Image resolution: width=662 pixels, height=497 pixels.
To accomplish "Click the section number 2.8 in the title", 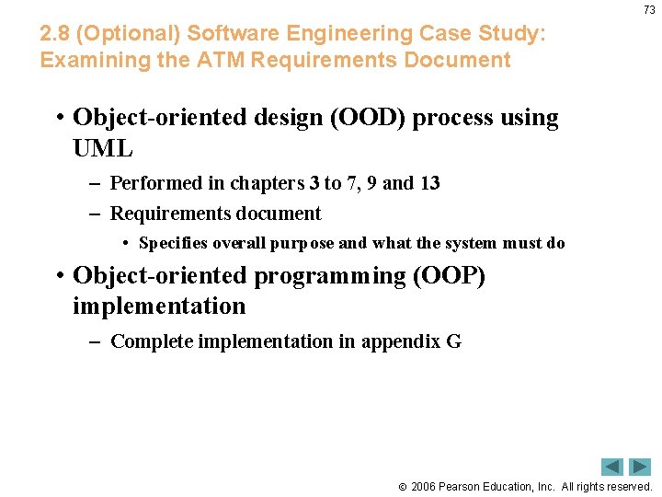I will click(56, 34).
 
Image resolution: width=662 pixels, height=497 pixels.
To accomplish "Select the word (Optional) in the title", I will click(130, 34).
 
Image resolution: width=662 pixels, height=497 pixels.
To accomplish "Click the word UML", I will click(103, 148).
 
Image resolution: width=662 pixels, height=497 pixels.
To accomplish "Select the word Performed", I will click(154, 183).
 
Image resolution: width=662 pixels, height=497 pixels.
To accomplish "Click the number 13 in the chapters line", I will click(429, 183).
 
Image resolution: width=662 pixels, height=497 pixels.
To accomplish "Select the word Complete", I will click(147, 341).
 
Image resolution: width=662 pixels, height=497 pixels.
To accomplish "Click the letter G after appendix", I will click(453, 341).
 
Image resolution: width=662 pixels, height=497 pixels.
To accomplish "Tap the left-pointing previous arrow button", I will click(612, 467).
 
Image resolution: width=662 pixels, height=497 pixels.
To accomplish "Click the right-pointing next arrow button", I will click(639, 467).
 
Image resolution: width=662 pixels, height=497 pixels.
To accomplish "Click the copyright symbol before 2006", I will click(403, 487).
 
